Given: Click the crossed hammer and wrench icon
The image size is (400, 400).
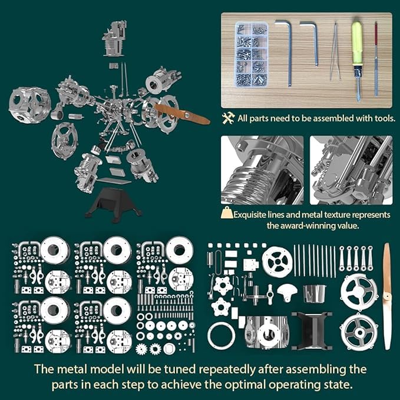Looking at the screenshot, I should coord(229,118).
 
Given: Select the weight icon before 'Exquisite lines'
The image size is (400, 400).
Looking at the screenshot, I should coord(226,214).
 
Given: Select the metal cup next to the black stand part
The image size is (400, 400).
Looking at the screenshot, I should coord(315,292).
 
